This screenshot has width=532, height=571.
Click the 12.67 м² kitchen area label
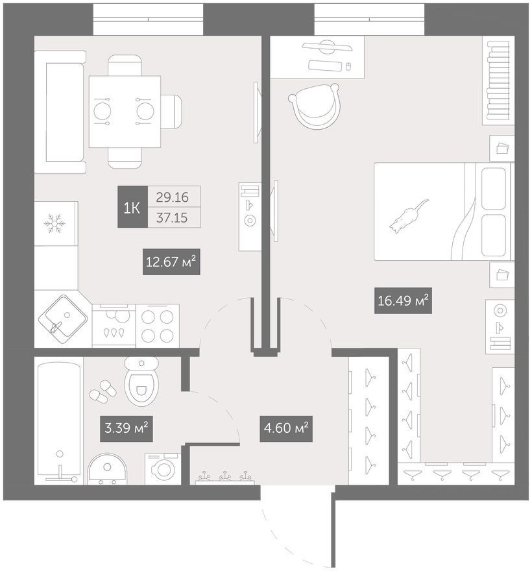tap(171, 261)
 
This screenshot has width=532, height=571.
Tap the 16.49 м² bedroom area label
tap(403, 300)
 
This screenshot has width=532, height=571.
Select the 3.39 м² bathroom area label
tap(126, 428)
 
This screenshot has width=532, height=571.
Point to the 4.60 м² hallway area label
tap(286, 428)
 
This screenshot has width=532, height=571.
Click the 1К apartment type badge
tap(132, 207)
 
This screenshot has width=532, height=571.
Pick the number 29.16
tap(172, 197)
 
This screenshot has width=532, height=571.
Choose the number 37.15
tap(172, 218)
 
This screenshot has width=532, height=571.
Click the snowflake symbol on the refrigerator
tap(54, 223)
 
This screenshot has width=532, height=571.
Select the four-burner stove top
tap(157, 326)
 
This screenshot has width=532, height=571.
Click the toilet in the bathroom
tap(141, 381)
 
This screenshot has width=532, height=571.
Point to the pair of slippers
tap(103, 391)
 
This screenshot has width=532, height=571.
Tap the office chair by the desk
tap(315, 106)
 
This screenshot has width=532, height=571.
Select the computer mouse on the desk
tap(348, 66)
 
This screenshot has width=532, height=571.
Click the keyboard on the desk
tap(325, 66)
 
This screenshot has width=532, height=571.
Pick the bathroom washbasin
tap(107, 469)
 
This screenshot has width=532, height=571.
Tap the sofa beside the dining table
tap(60, 112)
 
